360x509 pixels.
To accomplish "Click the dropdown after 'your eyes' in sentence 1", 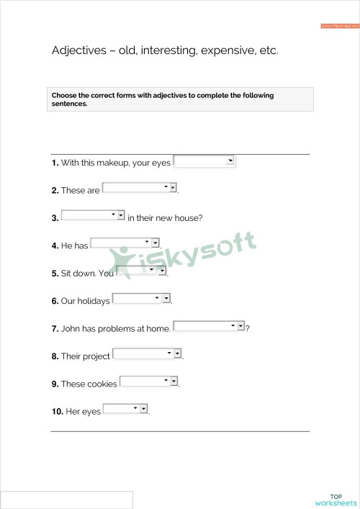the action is (x=204, y=161).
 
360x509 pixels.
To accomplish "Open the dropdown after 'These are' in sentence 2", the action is (x=140, y=188).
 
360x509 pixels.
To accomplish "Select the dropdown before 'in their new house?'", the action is (x=93, y=215).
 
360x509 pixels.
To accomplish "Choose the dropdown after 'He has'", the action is (x=125, y=243).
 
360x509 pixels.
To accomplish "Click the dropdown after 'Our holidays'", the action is (x=142, y=298).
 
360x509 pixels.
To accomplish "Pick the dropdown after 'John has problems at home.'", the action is (x=209, y=326).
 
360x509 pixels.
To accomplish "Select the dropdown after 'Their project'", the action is (x=147, y=353).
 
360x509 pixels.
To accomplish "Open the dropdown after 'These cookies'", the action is (x=148, y=381).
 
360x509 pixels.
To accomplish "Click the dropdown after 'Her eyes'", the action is (x=125, y=409).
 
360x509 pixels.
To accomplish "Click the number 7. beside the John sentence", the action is (x=55, y=329).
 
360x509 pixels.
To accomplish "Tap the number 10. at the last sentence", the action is (x=57, y=412).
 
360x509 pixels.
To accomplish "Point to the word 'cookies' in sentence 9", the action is (x=102, y=384).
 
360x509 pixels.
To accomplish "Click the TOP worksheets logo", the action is (x=336, y=500).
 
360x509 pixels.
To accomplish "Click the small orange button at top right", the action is (x=338, y=26).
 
